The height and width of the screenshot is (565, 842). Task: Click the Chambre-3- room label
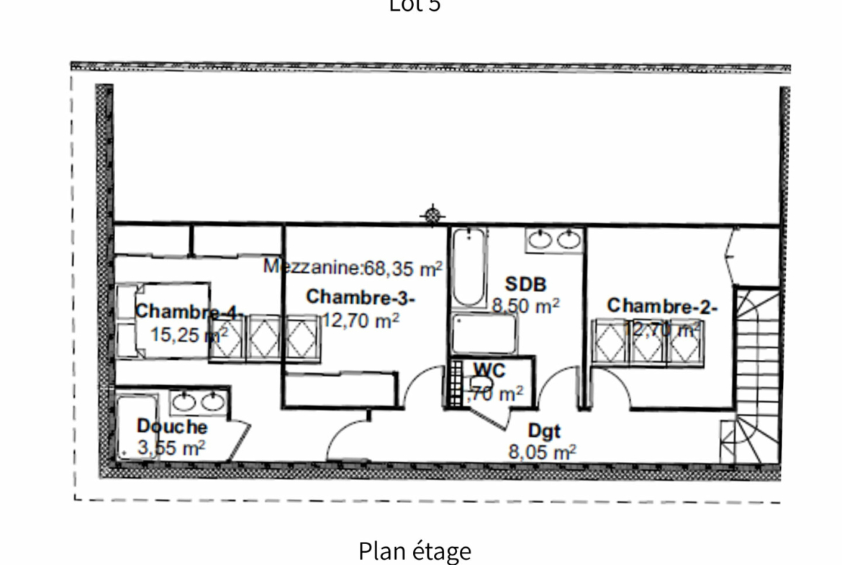[361, 297]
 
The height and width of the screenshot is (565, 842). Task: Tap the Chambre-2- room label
[662, 306]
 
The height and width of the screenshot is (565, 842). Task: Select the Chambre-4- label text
[190, 312]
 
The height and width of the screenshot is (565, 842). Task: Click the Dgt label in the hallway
[544, 431]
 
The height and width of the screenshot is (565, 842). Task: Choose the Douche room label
[171, 427]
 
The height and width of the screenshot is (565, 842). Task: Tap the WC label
[489, 370]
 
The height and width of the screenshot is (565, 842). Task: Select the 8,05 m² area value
[542, 452]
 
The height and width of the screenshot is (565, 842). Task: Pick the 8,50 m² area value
[525, 306]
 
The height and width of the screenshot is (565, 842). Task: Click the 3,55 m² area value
[171, 448]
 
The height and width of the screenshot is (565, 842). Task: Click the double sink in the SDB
[553, 239]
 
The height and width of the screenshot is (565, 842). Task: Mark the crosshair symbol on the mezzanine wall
[432, 214]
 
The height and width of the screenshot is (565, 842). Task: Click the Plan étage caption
[415, 551]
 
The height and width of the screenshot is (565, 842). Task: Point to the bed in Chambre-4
[163, 320]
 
